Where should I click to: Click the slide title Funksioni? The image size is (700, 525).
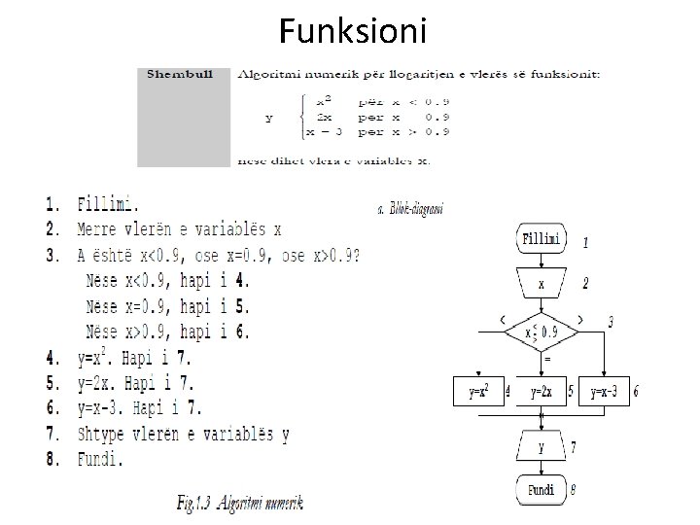[x=351, y=31]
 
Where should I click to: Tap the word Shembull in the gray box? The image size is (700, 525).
[x=176, y=73]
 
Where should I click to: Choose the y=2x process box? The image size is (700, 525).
[x=542, y=392]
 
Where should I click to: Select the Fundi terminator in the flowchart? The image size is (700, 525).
[x=542, y=490]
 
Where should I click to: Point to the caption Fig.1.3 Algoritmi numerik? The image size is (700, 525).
[x=240, y=503]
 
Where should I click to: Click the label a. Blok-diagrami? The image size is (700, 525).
[x=409, y=209]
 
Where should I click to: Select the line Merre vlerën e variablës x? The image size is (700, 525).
[x=180, y=230]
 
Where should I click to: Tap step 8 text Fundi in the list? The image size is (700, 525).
[x=100, y=459]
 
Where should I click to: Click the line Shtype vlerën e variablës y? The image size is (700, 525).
[x=183, y=434]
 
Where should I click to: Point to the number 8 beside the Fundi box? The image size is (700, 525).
[x=573, y=490]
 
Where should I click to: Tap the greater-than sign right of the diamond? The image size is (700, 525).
[x=580, y=318]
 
